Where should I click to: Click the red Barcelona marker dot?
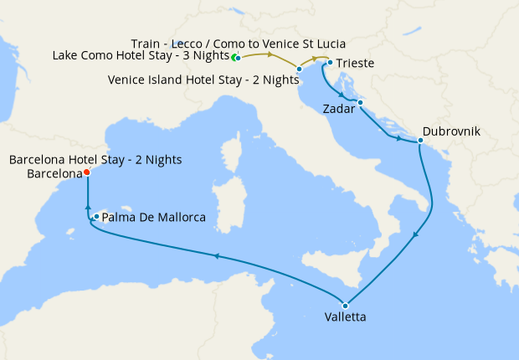[x=87, y=173]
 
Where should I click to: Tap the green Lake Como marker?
[x=237, y=58]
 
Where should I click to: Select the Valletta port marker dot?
[x=345, y=305]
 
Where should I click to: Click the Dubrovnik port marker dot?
[x=419, y=141]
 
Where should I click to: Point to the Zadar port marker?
[x=360, y=103]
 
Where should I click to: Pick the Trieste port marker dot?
[x=330, y=63]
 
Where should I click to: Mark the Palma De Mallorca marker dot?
[x=97, y=217]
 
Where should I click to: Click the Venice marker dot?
[x=299, y=69]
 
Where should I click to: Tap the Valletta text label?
[x=345, y=318]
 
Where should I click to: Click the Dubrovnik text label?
[x=453, y=131]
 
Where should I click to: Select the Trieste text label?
[x=355, y=63]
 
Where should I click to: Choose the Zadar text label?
[x=338, y=109]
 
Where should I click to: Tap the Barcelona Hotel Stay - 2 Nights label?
[x=95, y=159]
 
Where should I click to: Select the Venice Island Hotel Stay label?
[x=204, y=80]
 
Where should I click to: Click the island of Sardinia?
[x=225, y=201]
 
